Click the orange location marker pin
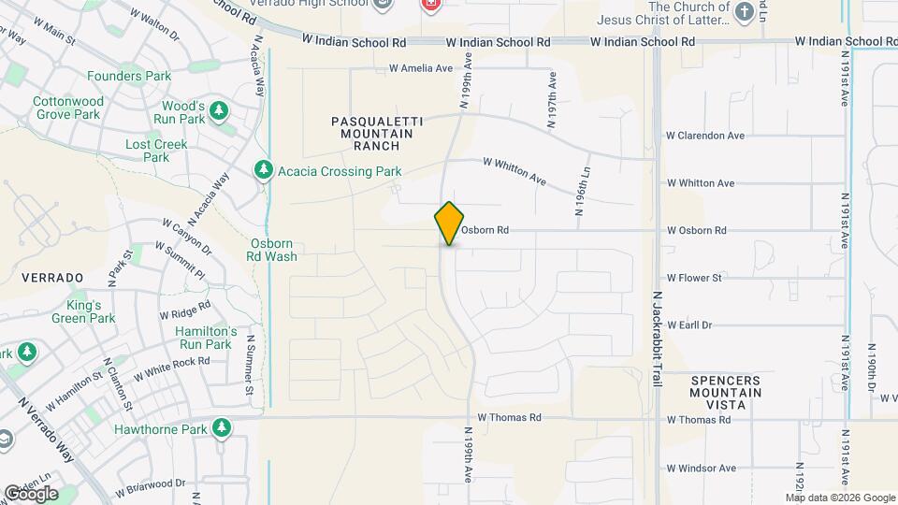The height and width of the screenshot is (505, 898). pos(450,224)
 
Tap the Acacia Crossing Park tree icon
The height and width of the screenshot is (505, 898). pos(263,170)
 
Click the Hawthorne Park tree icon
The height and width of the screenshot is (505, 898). pos(222,428)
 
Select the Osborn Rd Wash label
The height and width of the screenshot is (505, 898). pos(273,250)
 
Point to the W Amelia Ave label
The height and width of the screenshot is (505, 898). pos(421,68)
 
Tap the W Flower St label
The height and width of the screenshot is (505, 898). pos(694,278)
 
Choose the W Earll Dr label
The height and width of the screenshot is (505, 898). pos(689,325)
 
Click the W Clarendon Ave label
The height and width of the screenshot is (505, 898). pos(705,136)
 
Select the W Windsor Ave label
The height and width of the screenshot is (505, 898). pos(701,468)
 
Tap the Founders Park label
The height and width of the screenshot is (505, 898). pos(128,76)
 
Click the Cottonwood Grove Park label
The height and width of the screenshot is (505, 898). pos(67,108)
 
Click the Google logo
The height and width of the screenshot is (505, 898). pos(31,493)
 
